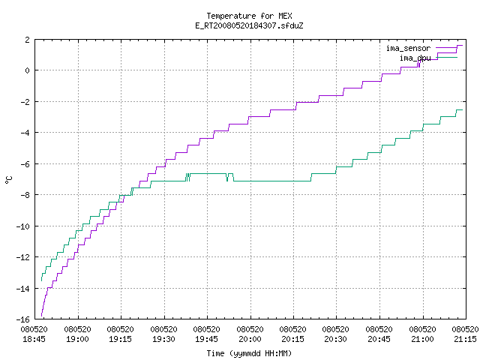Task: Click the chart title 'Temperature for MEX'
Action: point(249,16)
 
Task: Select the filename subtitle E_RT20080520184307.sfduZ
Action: point(249,25)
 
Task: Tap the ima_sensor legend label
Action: point(408,48)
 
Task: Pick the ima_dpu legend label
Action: point(415,58)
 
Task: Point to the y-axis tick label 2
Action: point(28,40)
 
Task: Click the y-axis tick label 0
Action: point(28,70)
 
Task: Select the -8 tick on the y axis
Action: point(25,195)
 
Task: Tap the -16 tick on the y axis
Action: point(23,319)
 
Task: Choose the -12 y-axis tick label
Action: point(23,257)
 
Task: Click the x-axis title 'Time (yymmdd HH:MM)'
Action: point(249,353)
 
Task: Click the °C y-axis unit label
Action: point(8,180)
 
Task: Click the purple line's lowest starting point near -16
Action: point(42,316)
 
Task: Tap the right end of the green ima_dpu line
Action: point(463,109)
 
